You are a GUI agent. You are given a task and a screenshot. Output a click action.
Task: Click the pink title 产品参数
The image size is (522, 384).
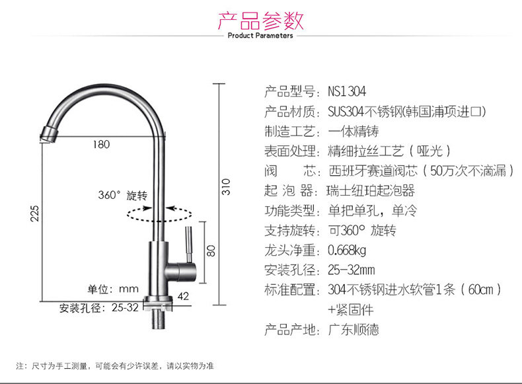pos(260,19)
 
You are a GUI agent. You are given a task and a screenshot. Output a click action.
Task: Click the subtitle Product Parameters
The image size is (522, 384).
pos(260,36)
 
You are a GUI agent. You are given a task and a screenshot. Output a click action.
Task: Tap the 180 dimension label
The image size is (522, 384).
pos(101,145)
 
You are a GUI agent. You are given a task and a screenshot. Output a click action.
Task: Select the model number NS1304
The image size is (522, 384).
pos(346,91)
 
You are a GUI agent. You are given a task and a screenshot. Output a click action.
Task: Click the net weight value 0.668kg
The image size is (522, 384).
pos(347,250)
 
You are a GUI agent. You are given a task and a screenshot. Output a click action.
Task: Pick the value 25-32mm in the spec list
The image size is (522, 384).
pos(351,270)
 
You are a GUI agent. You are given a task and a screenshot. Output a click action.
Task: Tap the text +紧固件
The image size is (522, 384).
pos(350,309)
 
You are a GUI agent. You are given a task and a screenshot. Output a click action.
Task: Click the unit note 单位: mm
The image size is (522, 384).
pos(113,289)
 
